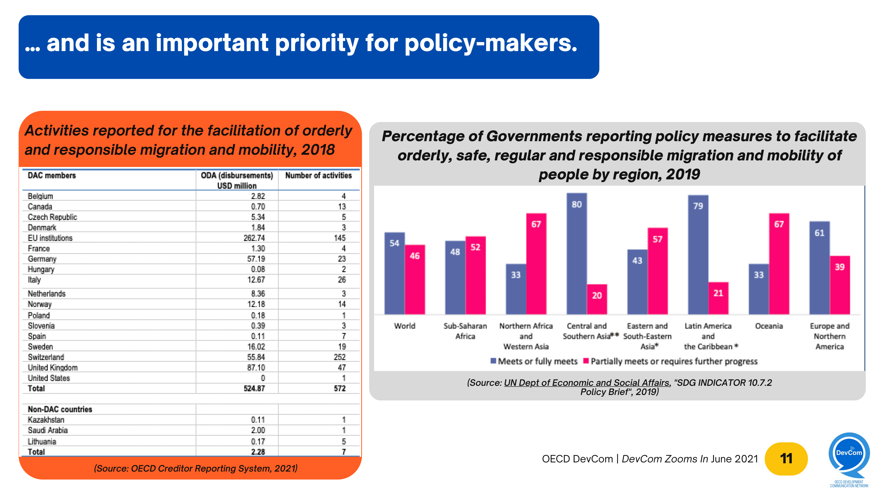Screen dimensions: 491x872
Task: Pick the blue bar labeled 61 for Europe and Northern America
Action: [819, 268]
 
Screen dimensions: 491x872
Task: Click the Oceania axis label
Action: [769, 326]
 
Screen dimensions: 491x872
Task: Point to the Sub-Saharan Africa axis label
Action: [465, 331]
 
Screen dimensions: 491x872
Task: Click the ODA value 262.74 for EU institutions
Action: [254, 238]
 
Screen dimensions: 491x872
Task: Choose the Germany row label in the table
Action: [42, 259]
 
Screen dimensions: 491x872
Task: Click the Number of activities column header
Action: [318, 175]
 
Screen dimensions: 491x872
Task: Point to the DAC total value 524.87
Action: [254, 388]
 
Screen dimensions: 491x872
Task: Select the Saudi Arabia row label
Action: [48, 430]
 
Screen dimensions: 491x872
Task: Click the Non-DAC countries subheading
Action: [60, 409]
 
